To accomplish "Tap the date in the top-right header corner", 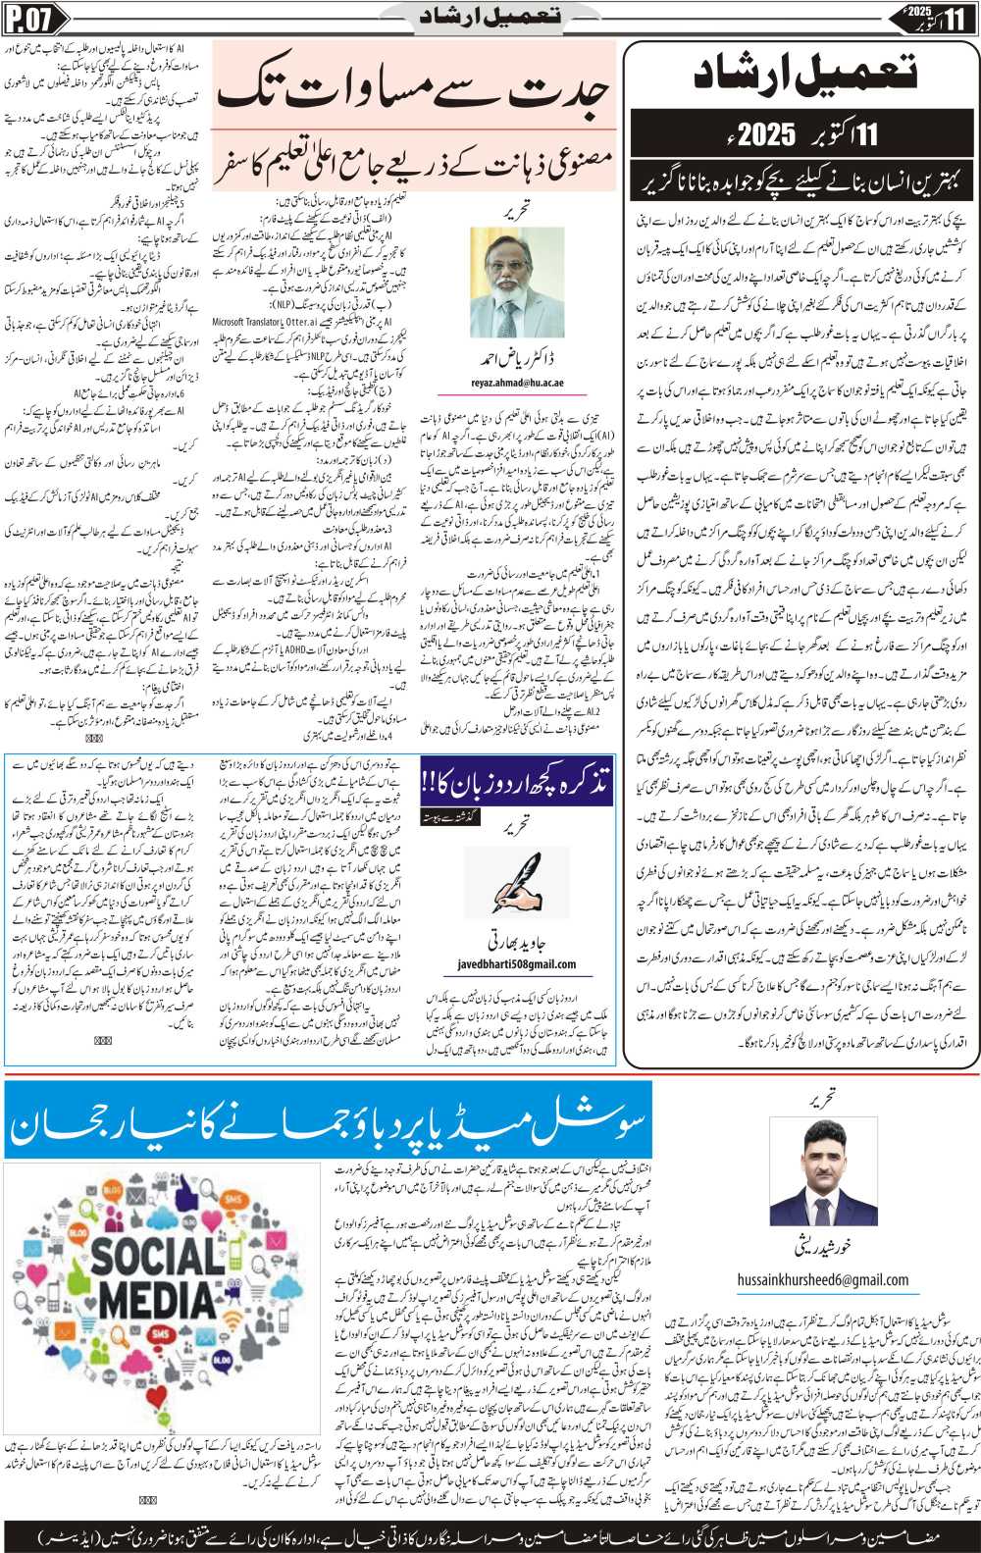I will pos(933,18).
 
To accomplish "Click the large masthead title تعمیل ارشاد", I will pos(804,76).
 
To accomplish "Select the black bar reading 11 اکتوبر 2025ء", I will pos(804,133).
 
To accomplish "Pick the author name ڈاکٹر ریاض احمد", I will pos(517,357).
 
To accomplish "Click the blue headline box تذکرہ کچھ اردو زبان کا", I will pos(517,782).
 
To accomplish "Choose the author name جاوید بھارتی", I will pos(517,945).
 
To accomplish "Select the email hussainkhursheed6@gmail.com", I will pos(822,1279).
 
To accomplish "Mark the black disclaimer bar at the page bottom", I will pos(490,1534).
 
